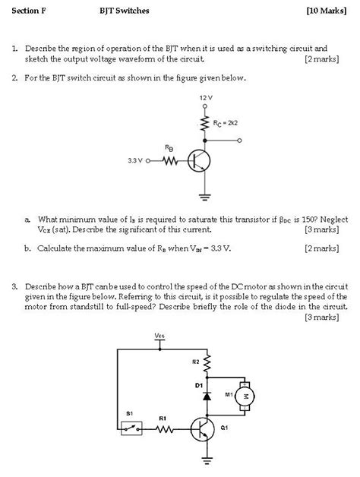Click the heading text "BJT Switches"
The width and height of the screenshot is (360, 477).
124,11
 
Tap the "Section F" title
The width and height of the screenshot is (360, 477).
28,11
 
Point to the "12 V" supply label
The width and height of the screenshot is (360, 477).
204,99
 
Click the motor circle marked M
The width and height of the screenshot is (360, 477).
244,396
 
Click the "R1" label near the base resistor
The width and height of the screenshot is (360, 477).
163,418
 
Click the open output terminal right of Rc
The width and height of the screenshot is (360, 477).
241,141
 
